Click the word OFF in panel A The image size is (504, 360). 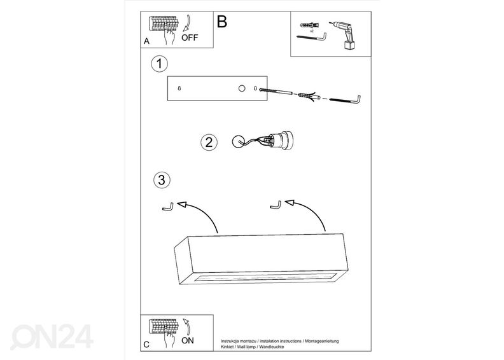tap(190, 38)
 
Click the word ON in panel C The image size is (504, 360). tap(188, 340)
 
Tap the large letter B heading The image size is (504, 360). tap(222, 22)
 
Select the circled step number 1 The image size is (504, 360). tap(159, 64)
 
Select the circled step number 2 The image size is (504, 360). tap(209, 142)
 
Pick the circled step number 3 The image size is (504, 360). tap(162, 180)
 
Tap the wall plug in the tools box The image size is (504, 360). tap(309, 25)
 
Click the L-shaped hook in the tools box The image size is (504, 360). tap(311, 37)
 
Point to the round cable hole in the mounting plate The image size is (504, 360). tap(242, 88)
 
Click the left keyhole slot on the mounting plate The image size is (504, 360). tap(179, 88)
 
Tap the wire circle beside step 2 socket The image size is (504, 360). tap(239, 142)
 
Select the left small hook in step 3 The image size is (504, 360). tap(168, 207)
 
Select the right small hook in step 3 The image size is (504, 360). tap(276, 205)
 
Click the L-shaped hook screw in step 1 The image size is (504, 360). tap(346, 100)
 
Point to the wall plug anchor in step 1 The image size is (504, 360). tap(309, 96)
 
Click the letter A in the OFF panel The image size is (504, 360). tap(146, 41)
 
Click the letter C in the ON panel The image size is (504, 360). tap(146, 345)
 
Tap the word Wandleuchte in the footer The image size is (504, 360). tap(272, 347)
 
